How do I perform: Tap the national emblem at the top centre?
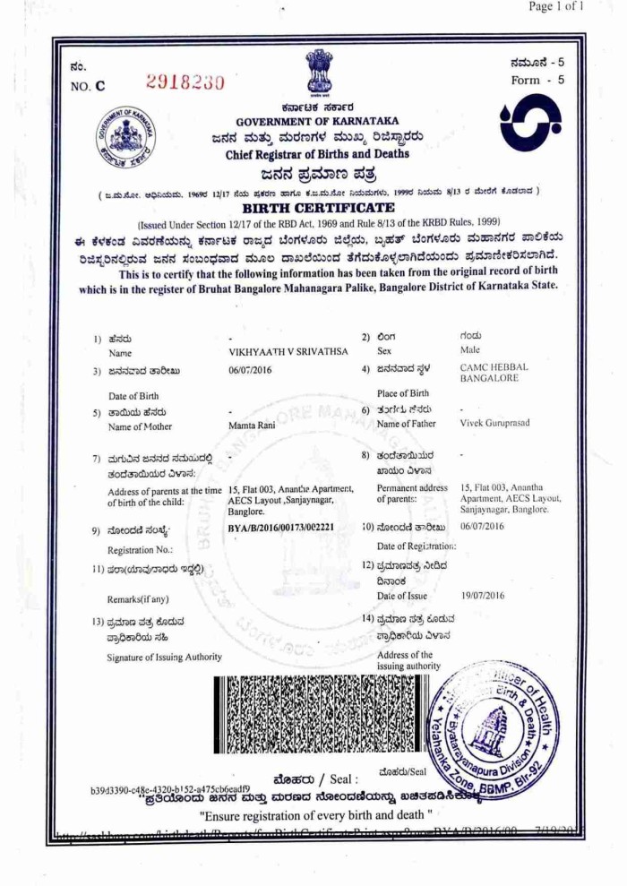point(318,71)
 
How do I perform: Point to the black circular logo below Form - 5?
point(532,123)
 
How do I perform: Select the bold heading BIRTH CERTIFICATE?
point(319,207)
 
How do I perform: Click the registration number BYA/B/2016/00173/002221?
point(280,527)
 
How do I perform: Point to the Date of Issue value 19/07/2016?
point(483,596)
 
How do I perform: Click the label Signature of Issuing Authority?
point(165,658)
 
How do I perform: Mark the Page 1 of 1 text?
point(556,7)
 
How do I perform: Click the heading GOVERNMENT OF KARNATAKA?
point(318,121)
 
